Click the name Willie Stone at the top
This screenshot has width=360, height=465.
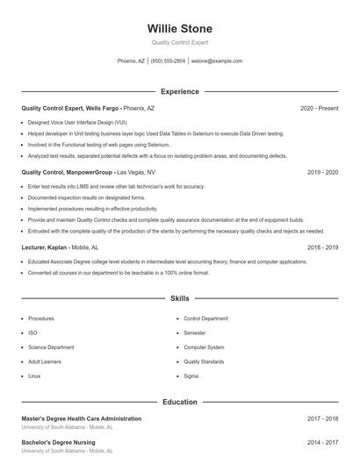pyautogui.click(x=180, y=28)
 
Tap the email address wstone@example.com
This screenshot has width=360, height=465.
pyautogui.click(x=217, y=61)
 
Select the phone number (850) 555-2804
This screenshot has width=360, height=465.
pyautogui.click(x=169, y=61)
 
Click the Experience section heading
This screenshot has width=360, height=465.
pyautogui.click(x=180, y=91)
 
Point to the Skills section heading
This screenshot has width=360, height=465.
pyautogui.click(x=180, y=299)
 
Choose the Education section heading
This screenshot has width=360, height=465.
pyautogui.click(x=180, y=402)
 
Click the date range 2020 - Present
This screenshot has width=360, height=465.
pyautogui.click(x=319, y=108)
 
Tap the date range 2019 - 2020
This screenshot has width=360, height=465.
pyautogui.click(x=323, y=173)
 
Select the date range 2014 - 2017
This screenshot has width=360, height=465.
pyautogui.click(x=323, y=443)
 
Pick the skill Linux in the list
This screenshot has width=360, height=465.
pyautogui.click(x=34, y=376)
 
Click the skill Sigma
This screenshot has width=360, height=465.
pyautogui.click(x=191, y=376)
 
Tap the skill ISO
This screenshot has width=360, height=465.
pyautogui.click(x=32, y=333)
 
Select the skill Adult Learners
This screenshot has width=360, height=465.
pyautogui.click(x=43, y=361)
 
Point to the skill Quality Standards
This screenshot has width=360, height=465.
pyautogui.click(x=204, y=361)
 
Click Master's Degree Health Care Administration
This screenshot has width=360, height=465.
pyautogui.click(x=81, y=418)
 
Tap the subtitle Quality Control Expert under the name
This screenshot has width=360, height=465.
pyautogui.click(x=180, y=42)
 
